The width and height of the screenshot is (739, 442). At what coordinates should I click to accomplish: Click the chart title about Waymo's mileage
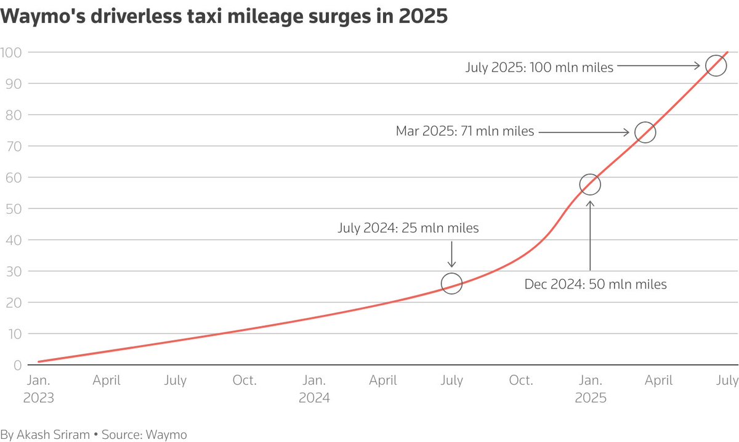(x=224, y=17)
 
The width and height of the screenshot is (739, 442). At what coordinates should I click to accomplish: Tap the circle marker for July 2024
(x=451, y=284)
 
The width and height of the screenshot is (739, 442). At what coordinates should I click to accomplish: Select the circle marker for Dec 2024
(x=590, y=184)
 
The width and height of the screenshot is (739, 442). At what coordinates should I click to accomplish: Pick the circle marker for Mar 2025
(x=645, y=132)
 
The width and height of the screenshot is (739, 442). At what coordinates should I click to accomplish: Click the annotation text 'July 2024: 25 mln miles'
(x=408, y=228)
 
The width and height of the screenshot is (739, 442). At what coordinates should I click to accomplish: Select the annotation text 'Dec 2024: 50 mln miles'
(x=596, y=285)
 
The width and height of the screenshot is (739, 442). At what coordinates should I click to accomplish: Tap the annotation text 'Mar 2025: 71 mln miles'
(x=465, y=131)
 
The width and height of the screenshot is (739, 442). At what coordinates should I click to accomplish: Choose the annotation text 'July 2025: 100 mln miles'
(x=539, y=67)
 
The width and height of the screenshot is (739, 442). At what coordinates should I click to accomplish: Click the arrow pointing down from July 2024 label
(x=451, y=254)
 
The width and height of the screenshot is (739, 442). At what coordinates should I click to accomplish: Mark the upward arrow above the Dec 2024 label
(x=590, y=234)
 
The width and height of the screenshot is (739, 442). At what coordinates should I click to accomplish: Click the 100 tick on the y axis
(x=11, y=52)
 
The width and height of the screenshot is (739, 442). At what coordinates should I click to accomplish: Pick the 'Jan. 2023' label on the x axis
(x=38, y=389)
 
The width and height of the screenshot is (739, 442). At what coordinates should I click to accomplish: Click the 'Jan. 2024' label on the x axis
(x=314, y=389)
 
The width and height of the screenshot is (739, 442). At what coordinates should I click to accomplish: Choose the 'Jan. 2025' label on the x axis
(x=590, y=389)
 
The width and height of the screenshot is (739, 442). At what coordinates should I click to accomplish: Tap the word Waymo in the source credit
(x=167, y=434)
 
